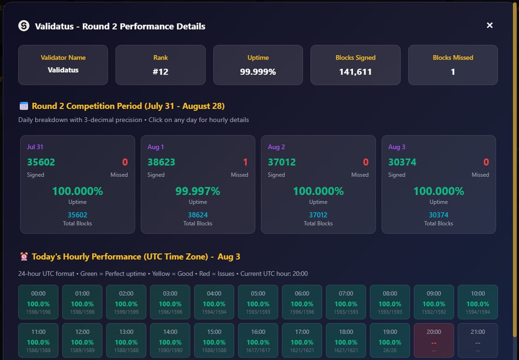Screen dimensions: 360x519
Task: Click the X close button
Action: [x=489, y=25]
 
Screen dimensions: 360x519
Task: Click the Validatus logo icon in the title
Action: [x=24, y=26]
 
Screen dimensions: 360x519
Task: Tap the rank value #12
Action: [x=161, y=72]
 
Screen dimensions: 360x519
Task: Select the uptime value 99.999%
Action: [x=258, y=72]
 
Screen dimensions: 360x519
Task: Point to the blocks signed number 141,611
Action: [x=355, y=72]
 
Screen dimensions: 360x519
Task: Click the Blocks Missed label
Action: [x=453, y=58]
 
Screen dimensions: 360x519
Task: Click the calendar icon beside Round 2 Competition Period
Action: [x=24, y=106]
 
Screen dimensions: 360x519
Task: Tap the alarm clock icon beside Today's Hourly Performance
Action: [x=24, y=257]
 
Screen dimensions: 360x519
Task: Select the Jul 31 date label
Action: [x=35, y=147]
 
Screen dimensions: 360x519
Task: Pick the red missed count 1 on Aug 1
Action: [x=245, y=162]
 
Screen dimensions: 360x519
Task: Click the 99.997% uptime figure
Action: [x=198, y=191]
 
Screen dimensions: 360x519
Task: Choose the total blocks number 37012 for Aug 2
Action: [x=318, y=215]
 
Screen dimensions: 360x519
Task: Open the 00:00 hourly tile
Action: [x=38, y=302]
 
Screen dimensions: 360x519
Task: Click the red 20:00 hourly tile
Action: [x=434, y=340]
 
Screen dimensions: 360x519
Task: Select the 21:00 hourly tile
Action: [x=478, y=340]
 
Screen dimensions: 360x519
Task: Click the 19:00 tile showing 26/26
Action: [x=390, y=340]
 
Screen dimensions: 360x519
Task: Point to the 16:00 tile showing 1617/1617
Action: [x=258, y=340]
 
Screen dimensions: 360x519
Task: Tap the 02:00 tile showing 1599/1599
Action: [x=126, y=302]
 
